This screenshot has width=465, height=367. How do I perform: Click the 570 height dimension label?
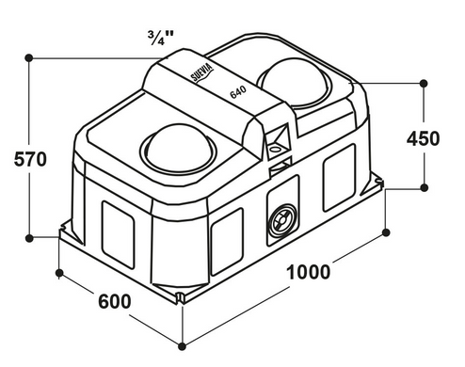click(30, 159)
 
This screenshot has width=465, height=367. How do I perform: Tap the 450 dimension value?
click(424, 138)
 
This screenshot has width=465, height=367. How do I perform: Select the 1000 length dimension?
click(309, 272)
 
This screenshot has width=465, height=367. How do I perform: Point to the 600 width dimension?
click(115, 301)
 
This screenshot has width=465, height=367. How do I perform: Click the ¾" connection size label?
click(161, 38)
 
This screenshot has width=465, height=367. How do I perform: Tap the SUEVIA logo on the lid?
click(202, 72)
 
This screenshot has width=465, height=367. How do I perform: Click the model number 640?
click(238, 92)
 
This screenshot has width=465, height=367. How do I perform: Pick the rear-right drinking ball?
click(294, 83)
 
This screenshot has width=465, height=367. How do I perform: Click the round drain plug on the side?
click(282, 220)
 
